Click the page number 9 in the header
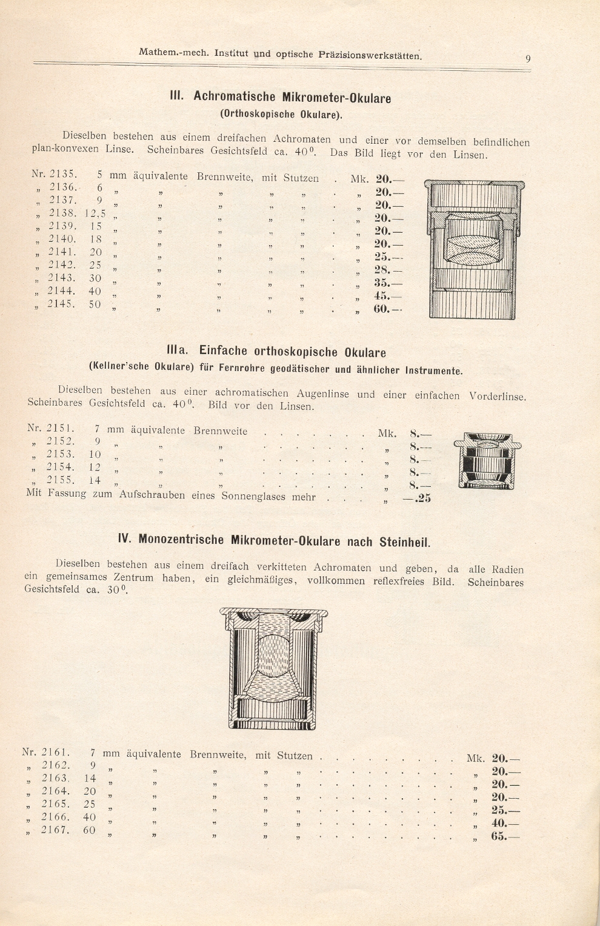click(528, 59)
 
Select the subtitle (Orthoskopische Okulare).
click(281, 113)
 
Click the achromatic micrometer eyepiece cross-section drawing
click(474, 249)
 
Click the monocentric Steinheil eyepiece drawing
click(274, 667)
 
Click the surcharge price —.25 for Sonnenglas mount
click(417, 499)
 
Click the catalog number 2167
click(55, 830)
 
